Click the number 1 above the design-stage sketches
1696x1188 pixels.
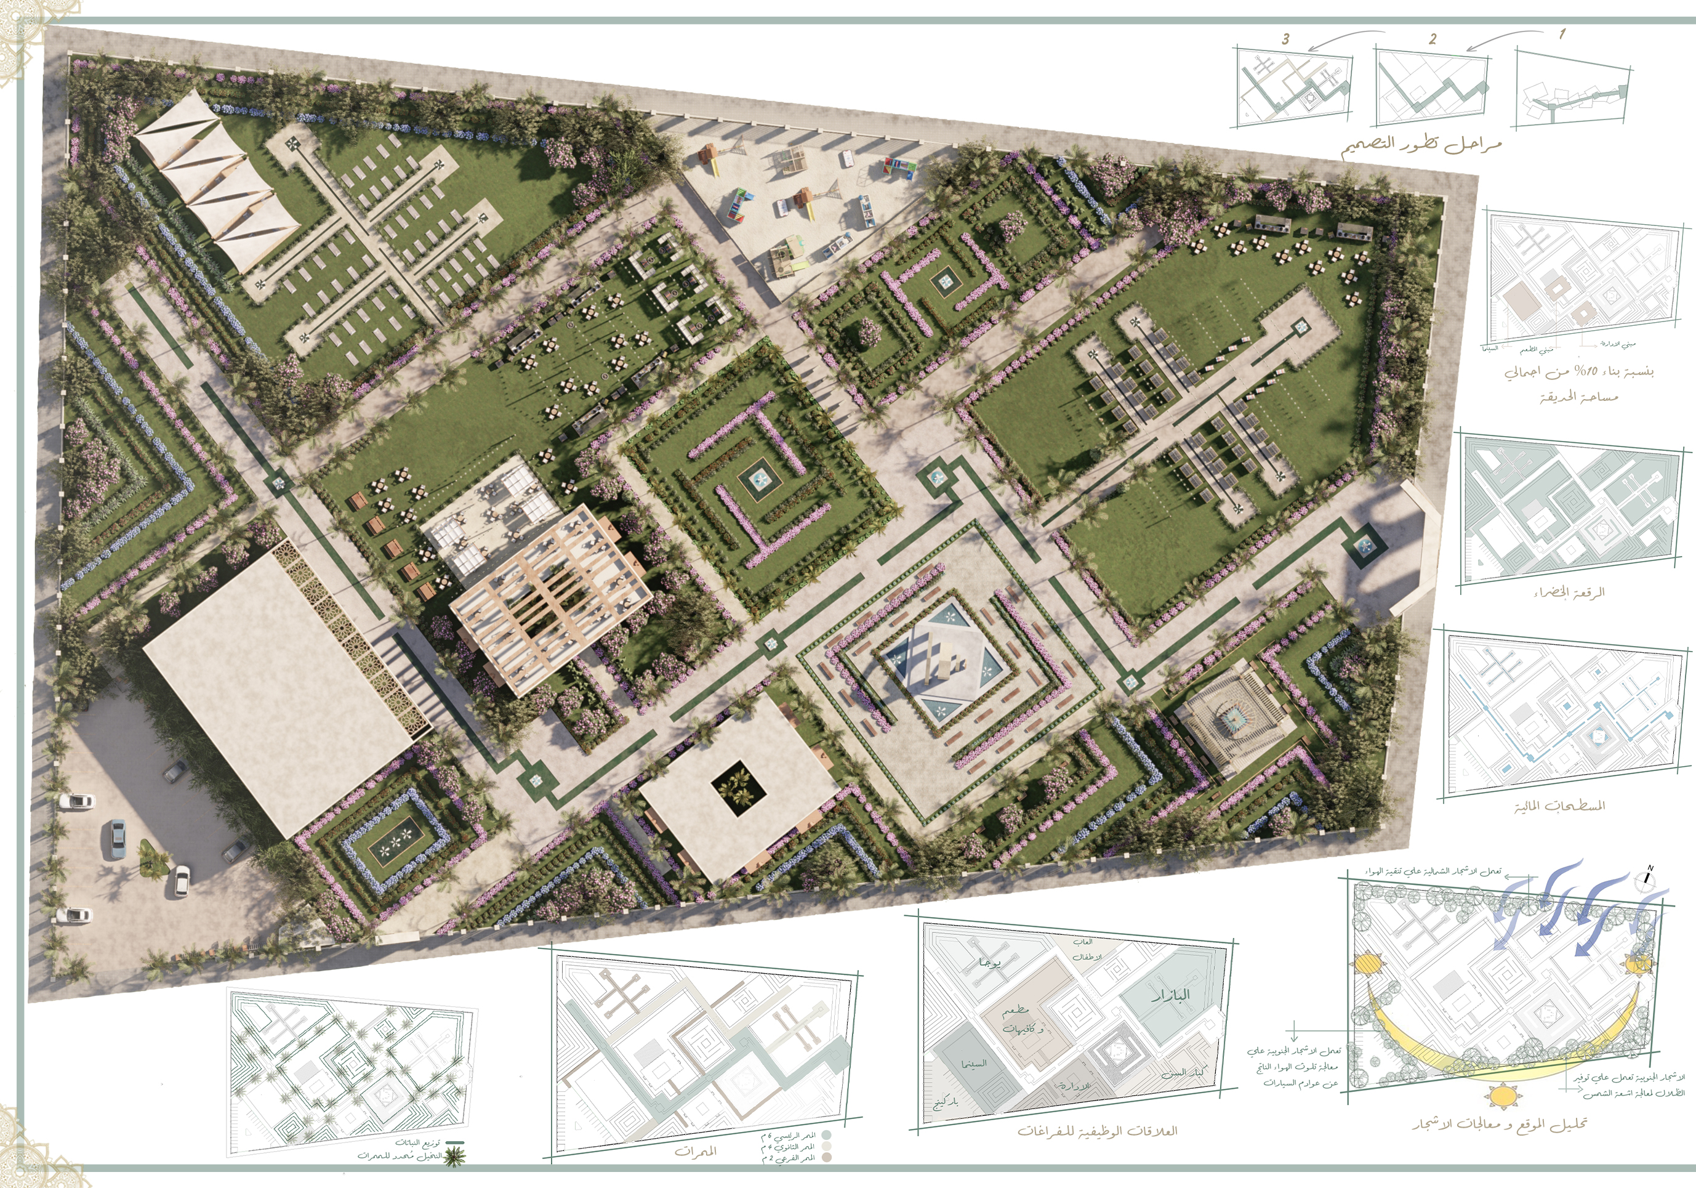pyautogui.click(x=1562, y=34)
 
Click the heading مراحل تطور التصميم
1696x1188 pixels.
pyautogui.click(x=1421, y=144)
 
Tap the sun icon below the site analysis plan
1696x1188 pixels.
pyautogui.click(x=1501, y=1096)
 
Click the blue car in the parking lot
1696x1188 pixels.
pyautogui.click(x=118, y=840)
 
